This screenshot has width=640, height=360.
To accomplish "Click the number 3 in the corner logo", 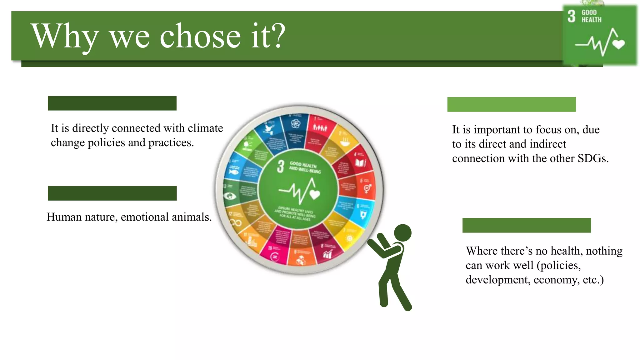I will click(571, 16).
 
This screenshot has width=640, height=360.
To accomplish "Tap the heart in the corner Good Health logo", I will click(618, 44).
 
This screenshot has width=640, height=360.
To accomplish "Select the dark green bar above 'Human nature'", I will click(112, 193).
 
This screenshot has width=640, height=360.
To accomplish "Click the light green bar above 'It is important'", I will click(511, 104).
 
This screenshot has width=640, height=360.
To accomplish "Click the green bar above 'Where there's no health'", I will click(527, 225).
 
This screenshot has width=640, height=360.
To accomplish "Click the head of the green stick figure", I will click(402, 233).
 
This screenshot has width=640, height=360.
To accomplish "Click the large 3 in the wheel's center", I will click(281, 166).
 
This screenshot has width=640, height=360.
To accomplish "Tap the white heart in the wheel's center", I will click(315, 195).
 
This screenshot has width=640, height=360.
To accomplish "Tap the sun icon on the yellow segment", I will click(349, 238).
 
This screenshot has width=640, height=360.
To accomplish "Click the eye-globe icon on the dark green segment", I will click(230, 196).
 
